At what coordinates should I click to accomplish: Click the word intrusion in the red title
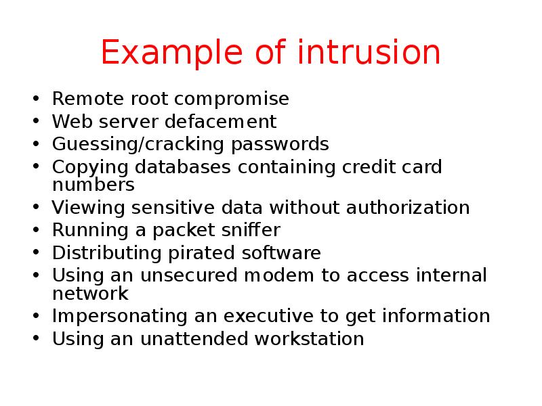(370, 53)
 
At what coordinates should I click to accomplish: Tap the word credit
(374, 167)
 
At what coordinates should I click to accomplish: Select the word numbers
(93, 184)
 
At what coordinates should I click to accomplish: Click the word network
(90, 293)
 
